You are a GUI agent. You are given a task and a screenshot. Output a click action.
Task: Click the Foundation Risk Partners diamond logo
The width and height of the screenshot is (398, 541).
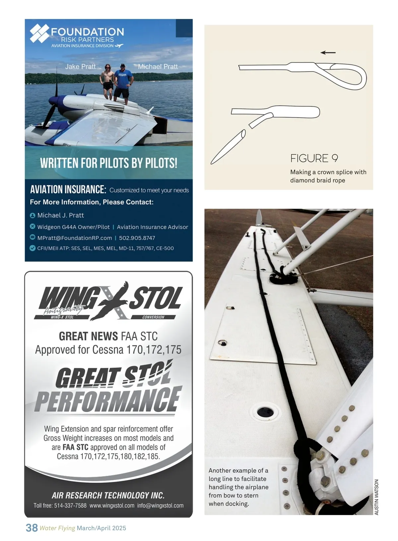(x=39, y=33)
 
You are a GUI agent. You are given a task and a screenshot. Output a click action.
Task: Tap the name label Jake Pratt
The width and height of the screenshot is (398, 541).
(x=80, y=67)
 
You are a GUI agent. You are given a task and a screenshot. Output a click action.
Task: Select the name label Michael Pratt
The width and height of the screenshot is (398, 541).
(x=158, y=67)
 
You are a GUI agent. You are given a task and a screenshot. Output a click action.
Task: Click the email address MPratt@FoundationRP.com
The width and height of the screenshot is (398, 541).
(x=75, y=238)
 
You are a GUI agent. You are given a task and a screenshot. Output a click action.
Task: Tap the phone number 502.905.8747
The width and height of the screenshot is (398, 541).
(x=137, y=238)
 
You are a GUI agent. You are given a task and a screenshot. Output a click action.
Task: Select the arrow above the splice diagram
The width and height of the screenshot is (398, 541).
(x=328, y=52)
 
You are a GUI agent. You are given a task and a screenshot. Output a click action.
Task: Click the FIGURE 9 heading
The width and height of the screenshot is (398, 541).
(x=314, y=159)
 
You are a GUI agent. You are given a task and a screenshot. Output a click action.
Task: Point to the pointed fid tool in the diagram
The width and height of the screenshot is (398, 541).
(x=228, y=147)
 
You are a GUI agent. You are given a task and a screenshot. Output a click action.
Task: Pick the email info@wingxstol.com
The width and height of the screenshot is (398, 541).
(x=160, y=505)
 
